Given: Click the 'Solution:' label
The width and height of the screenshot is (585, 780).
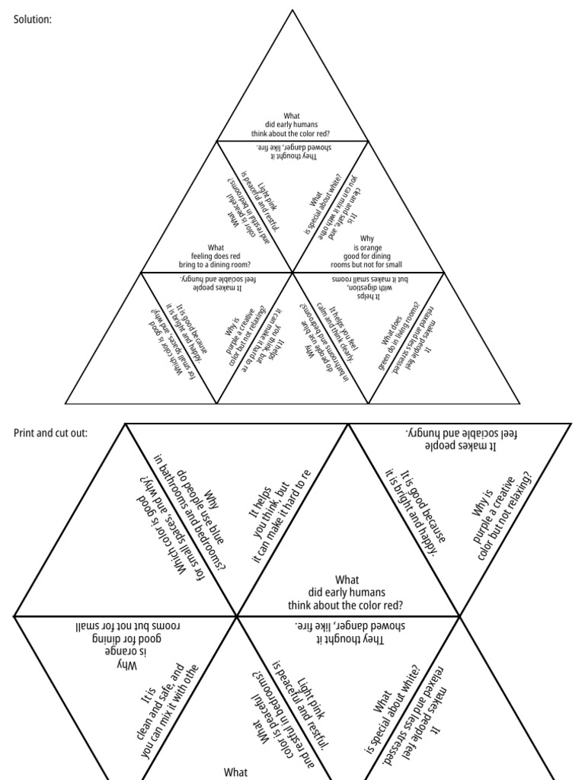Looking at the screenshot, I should (33, 19).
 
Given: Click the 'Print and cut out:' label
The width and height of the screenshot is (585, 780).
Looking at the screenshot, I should (50, 433).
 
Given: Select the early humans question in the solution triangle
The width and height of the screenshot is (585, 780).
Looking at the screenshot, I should (292, 124).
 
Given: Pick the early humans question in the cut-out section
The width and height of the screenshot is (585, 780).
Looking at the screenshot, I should (347, 592).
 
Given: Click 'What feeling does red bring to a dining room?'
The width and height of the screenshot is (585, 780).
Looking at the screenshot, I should (216, 256).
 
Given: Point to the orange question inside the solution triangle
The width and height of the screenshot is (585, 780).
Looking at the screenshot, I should (368, 251).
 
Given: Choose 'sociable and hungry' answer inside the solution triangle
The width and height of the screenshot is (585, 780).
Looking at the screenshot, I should (216, 283).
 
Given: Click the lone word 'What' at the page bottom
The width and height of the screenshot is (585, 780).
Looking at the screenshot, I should (236, 772).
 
